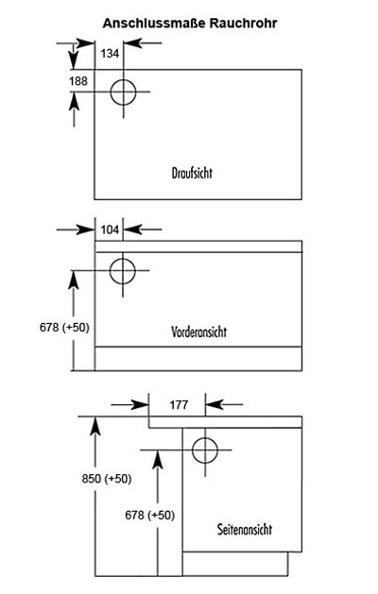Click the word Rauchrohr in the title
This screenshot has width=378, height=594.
coord(243,24)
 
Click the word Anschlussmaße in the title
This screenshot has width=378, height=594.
coord(154,24)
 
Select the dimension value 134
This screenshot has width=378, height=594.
coord(110,54)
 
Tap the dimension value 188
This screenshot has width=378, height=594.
coord(78,81)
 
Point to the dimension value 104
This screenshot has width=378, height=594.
coord(110,229)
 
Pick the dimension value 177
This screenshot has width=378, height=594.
coord(179,405)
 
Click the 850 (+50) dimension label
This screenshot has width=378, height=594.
coord(107,479)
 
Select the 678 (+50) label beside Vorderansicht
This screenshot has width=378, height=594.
coord(64,327)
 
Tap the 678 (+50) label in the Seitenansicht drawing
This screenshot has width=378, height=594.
coord(149,516)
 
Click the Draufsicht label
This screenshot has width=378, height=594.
coord(192,173)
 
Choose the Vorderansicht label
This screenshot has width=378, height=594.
coord(198,331)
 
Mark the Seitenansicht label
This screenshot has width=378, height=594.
coord(245,529)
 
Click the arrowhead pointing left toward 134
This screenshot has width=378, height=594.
coord(132,43)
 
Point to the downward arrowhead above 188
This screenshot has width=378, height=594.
coord(73,60)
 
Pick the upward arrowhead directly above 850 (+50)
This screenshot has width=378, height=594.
coord(95,425)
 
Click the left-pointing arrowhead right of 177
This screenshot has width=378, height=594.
coord(214,404)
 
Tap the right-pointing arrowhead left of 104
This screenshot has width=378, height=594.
coord(86,229)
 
